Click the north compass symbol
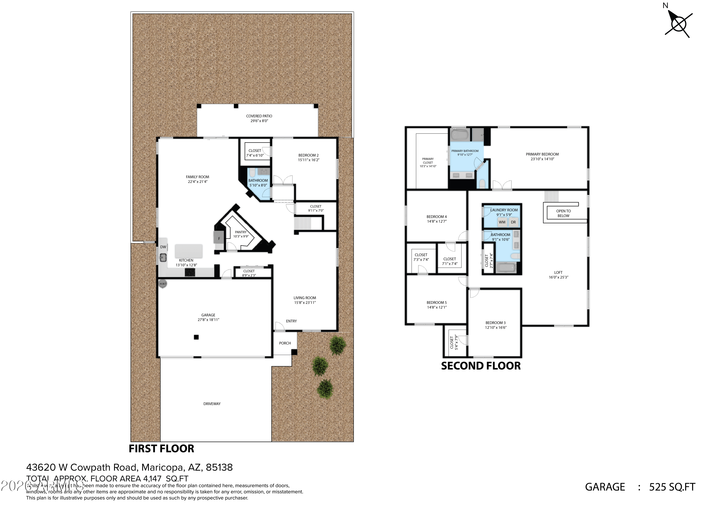point(678,24)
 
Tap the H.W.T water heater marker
point(163,284)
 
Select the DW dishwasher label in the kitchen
point(163,247)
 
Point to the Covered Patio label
point(259,116)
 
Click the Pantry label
point(240,232)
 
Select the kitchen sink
point(163,258)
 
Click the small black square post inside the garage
point(196,337)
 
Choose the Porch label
point(285,343)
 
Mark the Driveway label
point(212,404)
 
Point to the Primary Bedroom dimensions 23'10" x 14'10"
point(542,159)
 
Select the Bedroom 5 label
point(437,303)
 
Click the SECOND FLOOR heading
point(481,366)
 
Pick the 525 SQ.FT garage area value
point(672,487)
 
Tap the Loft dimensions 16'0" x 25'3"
point(558,277)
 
